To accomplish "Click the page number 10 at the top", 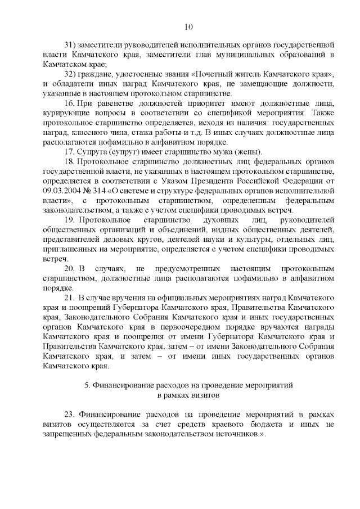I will pos(188,26).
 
